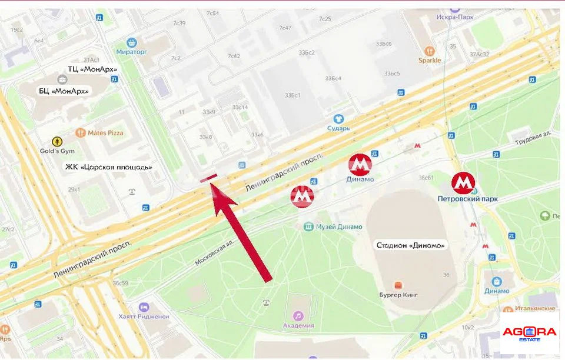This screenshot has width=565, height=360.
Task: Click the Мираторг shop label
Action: [x=132, y=51]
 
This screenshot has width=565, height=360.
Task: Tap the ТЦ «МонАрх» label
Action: [x=92, y=69]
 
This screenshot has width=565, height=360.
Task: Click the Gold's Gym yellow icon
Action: [x=56, y=141]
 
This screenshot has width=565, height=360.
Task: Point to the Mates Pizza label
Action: [x=105, y=133]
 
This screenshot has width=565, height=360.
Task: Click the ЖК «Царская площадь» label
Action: [x=108, y=167]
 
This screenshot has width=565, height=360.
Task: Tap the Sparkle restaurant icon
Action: [x=430, y=51]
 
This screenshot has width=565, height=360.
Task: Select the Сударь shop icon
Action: [x=338, y=119]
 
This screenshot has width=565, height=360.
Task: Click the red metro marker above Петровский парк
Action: [x=463, y=184]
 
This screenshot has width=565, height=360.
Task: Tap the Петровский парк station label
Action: [x=467, y=199]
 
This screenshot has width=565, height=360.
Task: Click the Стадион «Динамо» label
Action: [x=411, y=245]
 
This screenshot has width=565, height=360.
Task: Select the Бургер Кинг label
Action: [x=399, y=296]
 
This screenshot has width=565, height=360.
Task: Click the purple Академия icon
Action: [x=298, y=316]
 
